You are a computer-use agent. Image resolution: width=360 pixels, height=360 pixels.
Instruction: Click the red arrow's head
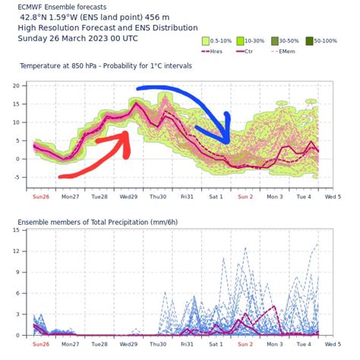(124, 143)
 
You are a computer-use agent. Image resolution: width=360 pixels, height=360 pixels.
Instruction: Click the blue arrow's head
(220, 131)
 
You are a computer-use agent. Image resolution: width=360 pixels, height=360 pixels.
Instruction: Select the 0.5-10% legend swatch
(206, 41)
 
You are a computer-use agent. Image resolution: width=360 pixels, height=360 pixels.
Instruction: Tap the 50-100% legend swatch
(309, 41)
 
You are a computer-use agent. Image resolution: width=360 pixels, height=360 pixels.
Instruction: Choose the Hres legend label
(216, 52)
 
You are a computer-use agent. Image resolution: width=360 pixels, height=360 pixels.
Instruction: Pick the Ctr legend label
(248, 52)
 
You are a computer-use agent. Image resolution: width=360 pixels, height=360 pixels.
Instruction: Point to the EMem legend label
(287, 52)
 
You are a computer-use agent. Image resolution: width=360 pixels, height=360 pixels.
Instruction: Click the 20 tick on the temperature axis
(16, 86)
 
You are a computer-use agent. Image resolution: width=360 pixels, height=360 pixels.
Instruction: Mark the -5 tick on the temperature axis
(16, 178)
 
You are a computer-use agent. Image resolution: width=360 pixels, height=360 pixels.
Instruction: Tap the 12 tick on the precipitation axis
(16, 251)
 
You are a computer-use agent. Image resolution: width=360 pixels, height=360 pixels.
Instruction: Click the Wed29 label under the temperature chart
(128, 197)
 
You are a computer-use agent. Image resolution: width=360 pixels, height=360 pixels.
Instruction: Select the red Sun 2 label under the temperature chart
(245, 197)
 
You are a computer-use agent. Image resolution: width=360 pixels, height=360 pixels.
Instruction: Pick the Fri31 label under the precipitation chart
(187, 344)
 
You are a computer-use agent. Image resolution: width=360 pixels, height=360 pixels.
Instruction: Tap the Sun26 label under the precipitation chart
(41, 344)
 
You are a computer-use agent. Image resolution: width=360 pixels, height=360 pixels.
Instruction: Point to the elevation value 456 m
(157, 17)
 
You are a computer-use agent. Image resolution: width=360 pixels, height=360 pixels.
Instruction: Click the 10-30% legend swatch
(240, 41)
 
